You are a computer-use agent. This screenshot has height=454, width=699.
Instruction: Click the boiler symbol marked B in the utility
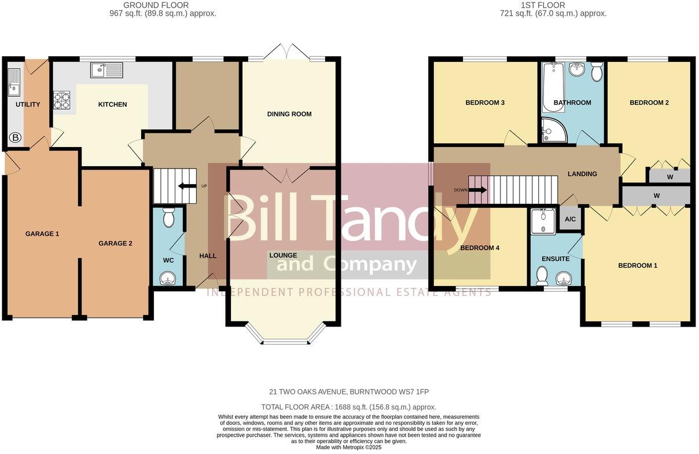tap(15, 138)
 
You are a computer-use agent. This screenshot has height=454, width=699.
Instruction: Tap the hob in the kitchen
tap(62, 101)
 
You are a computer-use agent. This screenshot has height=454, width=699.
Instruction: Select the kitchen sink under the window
tap(106, 70)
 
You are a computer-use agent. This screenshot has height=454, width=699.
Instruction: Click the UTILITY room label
tap(27, 104)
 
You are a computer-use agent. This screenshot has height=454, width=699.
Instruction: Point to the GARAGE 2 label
tap(115, 243)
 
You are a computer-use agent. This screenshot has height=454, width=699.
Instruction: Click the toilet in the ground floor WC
tap(169, 218)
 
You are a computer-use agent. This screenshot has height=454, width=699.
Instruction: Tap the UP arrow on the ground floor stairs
tap(187, 186)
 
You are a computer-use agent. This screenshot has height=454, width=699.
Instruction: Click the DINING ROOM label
tap(289, 114)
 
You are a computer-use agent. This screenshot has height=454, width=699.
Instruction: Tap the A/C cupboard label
tap(570, 219)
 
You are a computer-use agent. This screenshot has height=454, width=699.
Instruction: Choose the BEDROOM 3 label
tap(485, 102)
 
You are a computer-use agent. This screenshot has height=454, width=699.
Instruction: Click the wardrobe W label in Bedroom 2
tap(669, 177)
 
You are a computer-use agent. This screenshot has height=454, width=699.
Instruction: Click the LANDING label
tap(582, 174)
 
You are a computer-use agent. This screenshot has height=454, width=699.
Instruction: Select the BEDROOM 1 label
tap(638, 265)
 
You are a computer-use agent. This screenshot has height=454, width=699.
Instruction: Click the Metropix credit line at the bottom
tap(349, 447)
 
